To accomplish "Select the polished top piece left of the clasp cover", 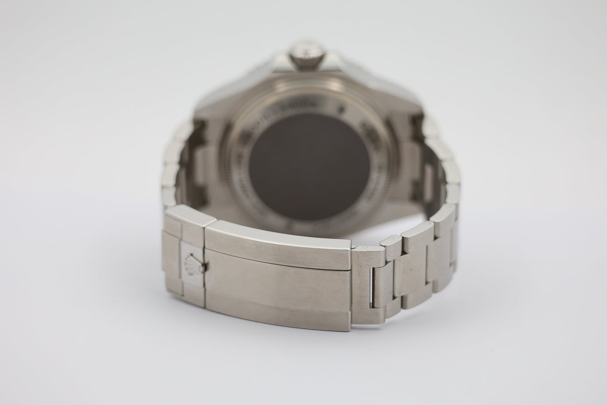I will (191, 216).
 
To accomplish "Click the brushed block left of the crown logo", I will (172, 262).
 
